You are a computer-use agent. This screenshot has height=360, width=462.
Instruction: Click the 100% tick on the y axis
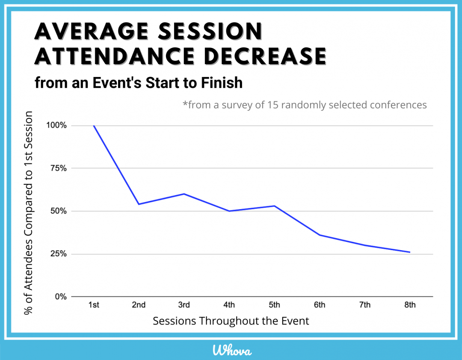click(x=57, y=125)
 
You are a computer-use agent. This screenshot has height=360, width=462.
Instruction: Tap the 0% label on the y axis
click(x=61, y=296)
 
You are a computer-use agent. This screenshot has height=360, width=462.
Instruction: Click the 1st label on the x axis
click(x=94, y=305)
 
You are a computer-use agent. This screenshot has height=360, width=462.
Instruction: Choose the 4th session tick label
click(x=229, y=305)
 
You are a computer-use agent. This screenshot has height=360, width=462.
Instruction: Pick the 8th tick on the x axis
click(x=410, y=305)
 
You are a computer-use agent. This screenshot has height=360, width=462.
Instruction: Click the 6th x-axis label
click(x=319, y=305)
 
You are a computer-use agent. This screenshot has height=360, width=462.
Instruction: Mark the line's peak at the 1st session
click(x=94, y=126)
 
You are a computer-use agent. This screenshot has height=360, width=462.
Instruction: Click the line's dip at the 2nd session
click(x=139, y=204)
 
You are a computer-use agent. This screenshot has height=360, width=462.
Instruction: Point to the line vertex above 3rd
click(x=184, y=194)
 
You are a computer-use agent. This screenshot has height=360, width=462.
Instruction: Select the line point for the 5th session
click(x=274, y=206)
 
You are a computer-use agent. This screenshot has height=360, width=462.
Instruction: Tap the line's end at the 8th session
click(x=410, y=252)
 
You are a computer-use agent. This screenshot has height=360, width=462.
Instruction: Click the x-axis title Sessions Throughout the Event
click(x=231, y=321)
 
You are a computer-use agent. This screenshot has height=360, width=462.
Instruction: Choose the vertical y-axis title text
click(x=29, y=213)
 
